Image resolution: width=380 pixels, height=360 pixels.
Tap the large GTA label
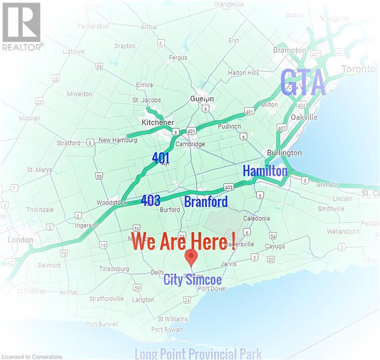[303, 83]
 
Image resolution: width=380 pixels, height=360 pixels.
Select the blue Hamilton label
[265, 171]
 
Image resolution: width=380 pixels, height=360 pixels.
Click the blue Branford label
[206, 202]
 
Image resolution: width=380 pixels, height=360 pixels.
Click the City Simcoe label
[193, 280]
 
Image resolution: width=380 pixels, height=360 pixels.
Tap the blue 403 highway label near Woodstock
[150, 200]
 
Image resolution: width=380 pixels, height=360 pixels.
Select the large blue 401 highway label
[161, 158]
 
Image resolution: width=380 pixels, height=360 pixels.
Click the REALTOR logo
[22, 26]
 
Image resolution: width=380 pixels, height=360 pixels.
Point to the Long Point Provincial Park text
[198, 353]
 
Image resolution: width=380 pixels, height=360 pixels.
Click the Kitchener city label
[157, 122]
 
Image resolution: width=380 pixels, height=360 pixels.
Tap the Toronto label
[358, 69]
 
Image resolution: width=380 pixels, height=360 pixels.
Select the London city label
[20, 240]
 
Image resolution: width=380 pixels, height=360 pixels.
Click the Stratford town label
[69, 143]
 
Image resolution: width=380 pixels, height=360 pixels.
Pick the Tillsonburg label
[114, 269]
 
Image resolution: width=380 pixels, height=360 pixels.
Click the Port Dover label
[211, 289]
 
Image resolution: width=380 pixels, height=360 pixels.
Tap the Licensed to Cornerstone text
[31, 357]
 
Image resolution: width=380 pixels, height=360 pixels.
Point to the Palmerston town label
[93, 26]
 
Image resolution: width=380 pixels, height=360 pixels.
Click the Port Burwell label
[102, 324]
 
